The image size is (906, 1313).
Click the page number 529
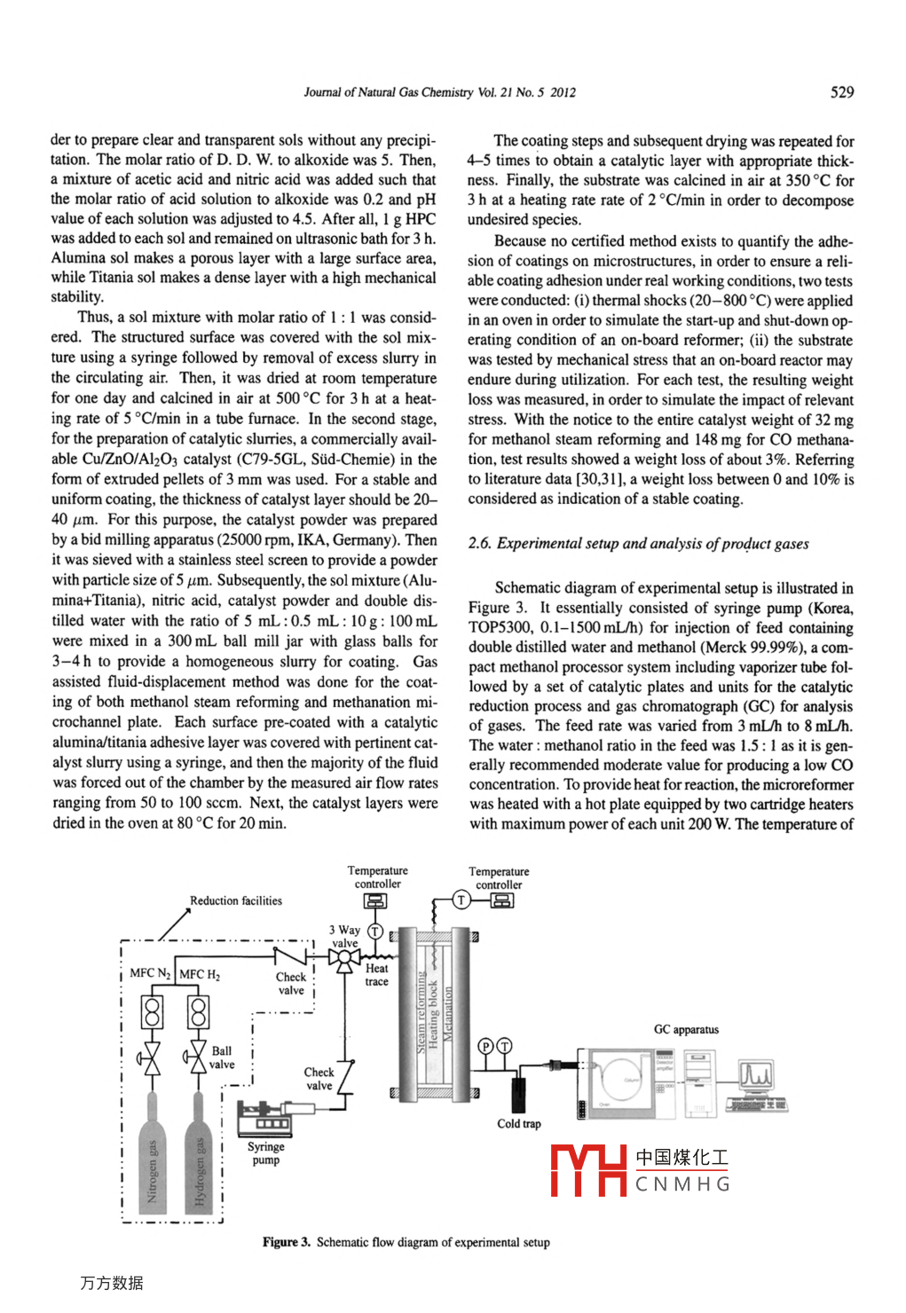pyautogui.click(x=841, y=91)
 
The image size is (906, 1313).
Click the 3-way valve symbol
pyautogui.click(x=343, y=958)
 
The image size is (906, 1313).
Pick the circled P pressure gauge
pyautogui.click(x=485, y=1046)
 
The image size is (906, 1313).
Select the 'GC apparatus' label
pyautogui.click(x=686, y=1029)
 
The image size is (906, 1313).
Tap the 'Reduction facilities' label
pyautogui.click(x=236, y=900)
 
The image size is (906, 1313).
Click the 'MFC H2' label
pyautogui.click(x=200, y=974)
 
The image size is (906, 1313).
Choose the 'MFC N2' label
pyautogui.click(x=149, y=973)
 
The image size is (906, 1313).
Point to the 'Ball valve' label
pyautogui.click(x=222, y=1057)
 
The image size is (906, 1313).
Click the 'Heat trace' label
pyautogui.click(x=376, y=974)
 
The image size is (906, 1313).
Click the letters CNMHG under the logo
pyautogui.click(x=682, y=1184)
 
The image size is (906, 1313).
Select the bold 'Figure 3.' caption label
pyautogui.click(x=286, y=1242)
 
